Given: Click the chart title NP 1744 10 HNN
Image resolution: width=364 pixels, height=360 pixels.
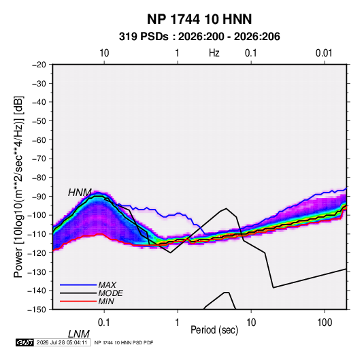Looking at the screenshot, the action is [199, 19].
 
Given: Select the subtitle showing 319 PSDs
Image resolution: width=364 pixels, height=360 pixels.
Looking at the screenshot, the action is [199, 37].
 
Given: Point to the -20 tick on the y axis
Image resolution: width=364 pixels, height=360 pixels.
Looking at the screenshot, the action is [39, 65].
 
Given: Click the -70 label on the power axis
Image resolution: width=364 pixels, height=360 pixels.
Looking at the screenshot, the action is [39, 159].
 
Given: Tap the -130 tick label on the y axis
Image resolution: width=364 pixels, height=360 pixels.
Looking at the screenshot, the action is [37, 272].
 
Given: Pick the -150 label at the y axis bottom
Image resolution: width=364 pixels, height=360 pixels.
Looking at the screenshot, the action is [37, 310].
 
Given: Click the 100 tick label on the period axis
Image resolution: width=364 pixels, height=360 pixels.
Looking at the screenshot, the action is [325, 323].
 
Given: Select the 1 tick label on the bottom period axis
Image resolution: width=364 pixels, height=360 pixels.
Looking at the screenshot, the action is [178, 323].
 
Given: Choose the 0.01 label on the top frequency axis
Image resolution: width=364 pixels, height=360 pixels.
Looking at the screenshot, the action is [324, 53].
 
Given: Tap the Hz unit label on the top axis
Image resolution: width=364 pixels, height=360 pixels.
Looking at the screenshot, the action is [214, 53].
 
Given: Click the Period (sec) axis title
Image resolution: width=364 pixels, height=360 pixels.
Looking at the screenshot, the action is [214, 330].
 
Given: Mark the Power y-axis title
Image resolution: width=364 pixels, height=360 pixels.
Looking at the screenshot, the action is [18, 187].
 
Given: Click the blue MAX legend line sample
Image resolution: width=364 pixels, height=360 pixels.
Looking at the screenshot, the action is [78, 285].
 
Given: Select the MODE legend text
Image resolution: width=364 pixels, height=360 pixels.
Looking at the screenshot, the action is [110, 293].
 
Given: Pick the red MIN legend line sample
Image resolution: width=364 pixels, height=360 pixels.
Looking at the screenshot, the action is [78, 301].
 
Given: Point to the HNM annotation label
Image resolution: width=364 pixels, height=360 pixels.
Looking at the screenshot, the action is [80, 193].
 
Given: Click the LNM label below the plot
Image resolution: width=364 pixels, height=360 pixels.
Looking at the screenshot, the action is [79, 334].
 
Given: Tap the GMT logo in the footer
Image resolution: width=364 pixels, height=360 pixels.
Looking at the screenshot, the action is [25, 342].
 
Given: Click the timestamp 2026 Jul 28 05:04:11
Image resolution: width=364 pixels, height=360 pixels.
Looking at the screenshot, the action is [62, 342].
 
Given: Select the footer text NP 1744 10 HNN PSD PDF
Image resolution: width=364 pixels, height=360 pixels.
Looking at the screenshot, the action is [124, 342].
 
